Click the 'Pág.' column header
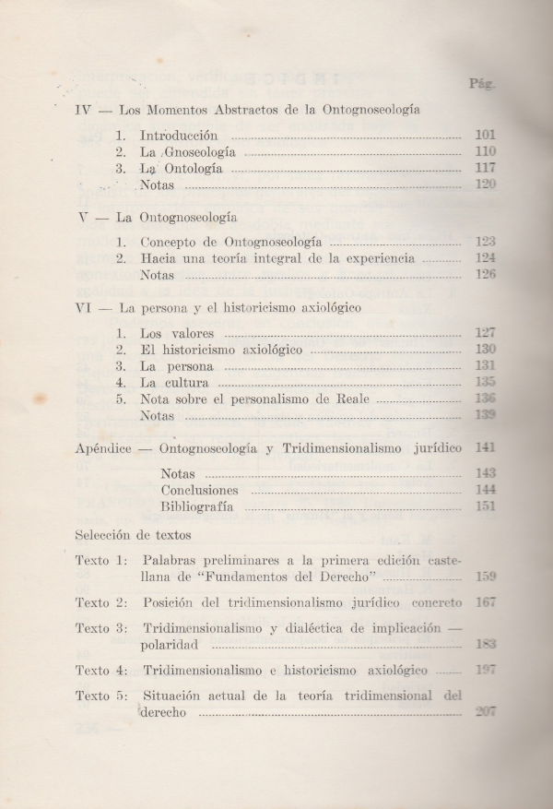pos(483,82)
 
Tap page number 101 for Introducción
pos(485,135)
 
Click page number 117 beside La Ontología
pos(485,168)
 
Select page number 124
pos(485,258)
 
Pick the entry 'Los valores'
pos(177,332)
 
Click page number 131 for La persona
pos(485,366)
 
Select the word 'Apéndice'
pos(106,448)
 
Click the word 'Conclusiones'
pos(199,490)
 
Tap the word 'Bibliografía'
pos(196,506)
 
